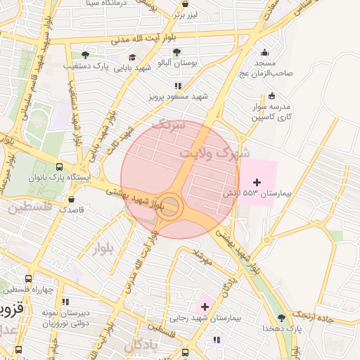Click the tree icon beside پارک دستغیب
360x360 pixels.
tap(85, 55)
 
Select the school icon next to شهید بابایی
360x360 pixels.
tap(131, 57)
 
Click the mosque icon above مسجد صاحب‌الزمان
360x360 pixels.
tap(264, 51)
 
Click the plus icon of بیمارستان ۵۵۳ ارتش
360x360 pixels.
tap(257, 182)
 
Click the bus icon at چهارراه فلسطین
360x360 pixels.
tap(27, 279)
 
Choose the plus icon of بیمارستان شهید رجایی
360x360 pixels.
tap(205, 306)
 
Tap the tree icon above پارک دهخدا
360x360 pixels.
tap(281, 316)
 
